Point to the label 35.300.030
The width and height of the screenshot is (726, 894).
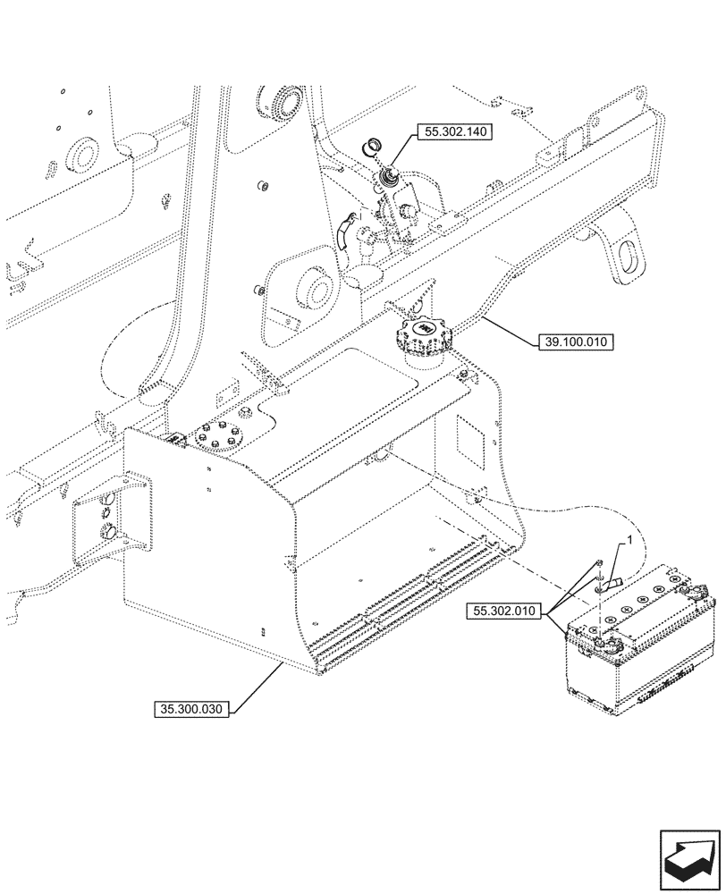[192, 710]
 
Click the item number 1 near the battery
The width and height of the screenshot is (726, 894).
[630, 541]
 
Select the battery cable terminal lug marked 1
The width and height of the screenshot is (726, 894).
[614, 584]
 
